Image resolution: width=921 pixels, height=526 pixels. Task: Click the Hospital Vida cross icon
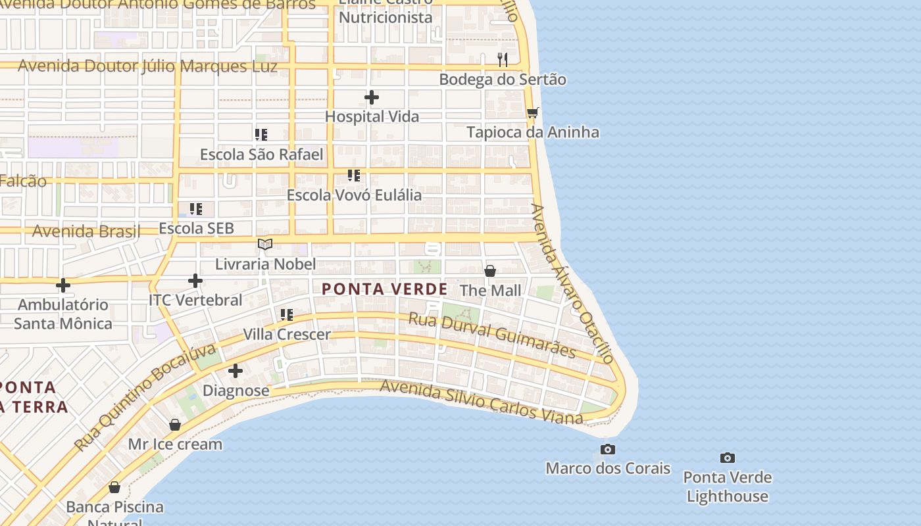click(x=372, y=98)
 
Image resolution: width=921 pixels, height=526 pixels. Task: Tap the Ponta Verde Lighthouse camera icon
click(x=727, y=458)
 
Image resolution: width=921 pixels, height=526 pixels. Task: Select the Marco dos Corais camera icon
click(x=608, y=449)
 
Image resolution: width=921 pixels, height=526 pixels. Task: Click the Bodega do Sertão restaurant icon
click(x=503, y=60)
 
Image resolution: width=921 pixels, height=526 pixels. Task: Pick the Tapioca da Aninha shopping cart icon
click(x=532, y=113)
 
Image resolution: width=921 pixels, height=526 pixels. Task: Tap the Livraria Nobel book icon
click(x=265, y=245)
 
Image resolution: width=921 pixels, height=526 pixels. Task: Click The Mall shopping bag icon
click(x=490, y=271)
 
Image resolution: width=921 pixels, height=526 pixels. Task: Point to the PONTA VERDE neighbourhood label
click(x=385, y=289)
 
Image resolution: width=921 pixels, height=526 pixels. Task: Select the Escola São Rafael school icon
click(x=261, y=135)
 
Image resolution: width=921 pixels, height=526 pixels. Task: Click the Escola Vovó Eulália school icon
click(x=354, y=176)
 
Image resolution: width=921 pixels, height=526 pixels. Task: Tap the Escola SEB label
click(x=197, y=228)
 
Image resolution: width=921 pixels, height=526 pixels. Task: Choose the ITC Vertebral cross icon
click(x=195, y=281)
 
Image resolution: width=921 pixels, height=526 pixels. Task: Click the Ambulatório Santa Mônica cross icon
click(x=63, y=285)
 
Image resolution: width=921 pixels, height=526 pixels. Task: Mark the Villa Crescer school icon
click(x=287, y=315)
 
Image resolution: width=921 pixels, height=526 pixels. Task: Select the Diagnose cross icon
click(x=236, y=371)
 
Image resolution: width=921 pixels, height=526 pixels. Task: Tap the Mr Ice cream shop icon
click(x=175, y=425)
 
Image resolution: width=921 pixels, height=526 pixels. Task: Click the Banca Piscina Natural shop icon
click(x=114, y=488)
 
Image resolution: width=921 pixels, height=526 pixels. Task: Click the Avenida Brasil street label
click(x=86, y=231)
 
